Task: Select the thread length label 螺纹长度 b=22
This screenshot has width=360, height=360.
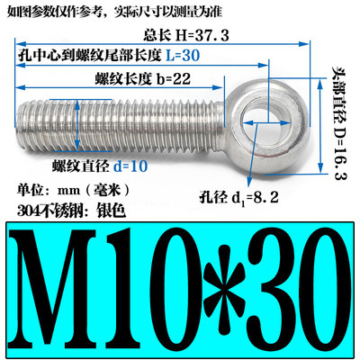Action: point(140,80)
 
